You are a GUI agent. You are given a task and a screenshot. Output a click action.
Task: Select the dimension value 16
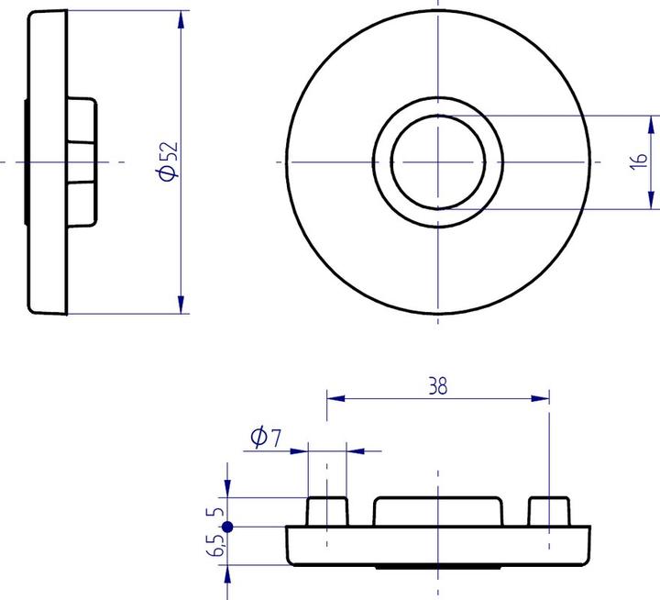(640, 161)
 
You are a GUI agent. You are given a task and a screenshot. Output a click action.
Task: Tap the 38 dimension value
(438, 386)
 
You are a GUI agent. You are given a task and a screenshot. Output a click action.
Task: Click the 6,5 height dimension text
(215, 547)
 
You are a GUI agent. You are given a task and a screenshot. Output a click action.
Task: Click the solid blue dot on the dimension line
(227, 527)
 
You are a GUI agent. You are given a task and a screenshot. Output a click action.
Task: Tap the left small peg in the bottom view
(327, 510)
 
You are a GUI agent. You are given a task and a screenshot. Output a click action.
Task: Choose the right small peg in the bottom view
(548, 510)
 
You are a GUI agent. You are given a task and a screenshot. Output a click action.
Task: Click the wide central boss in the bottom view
(438, 510)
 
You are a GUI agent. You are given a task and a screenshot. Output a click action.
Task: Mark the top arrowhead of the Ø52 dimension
(181, 18)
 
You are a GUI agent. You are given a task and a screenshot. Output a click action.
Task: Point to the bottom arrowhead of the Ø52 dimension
(181, 306)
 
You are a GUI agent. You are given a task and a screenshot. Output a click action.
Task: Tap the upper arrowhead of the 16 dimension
(652, 123)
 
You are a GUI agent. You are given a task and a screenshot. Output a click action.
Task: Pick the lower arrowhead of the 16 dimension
(652, 199)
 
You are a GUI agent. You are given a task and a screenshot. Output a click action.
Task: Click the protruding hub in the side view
(81, 161)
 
